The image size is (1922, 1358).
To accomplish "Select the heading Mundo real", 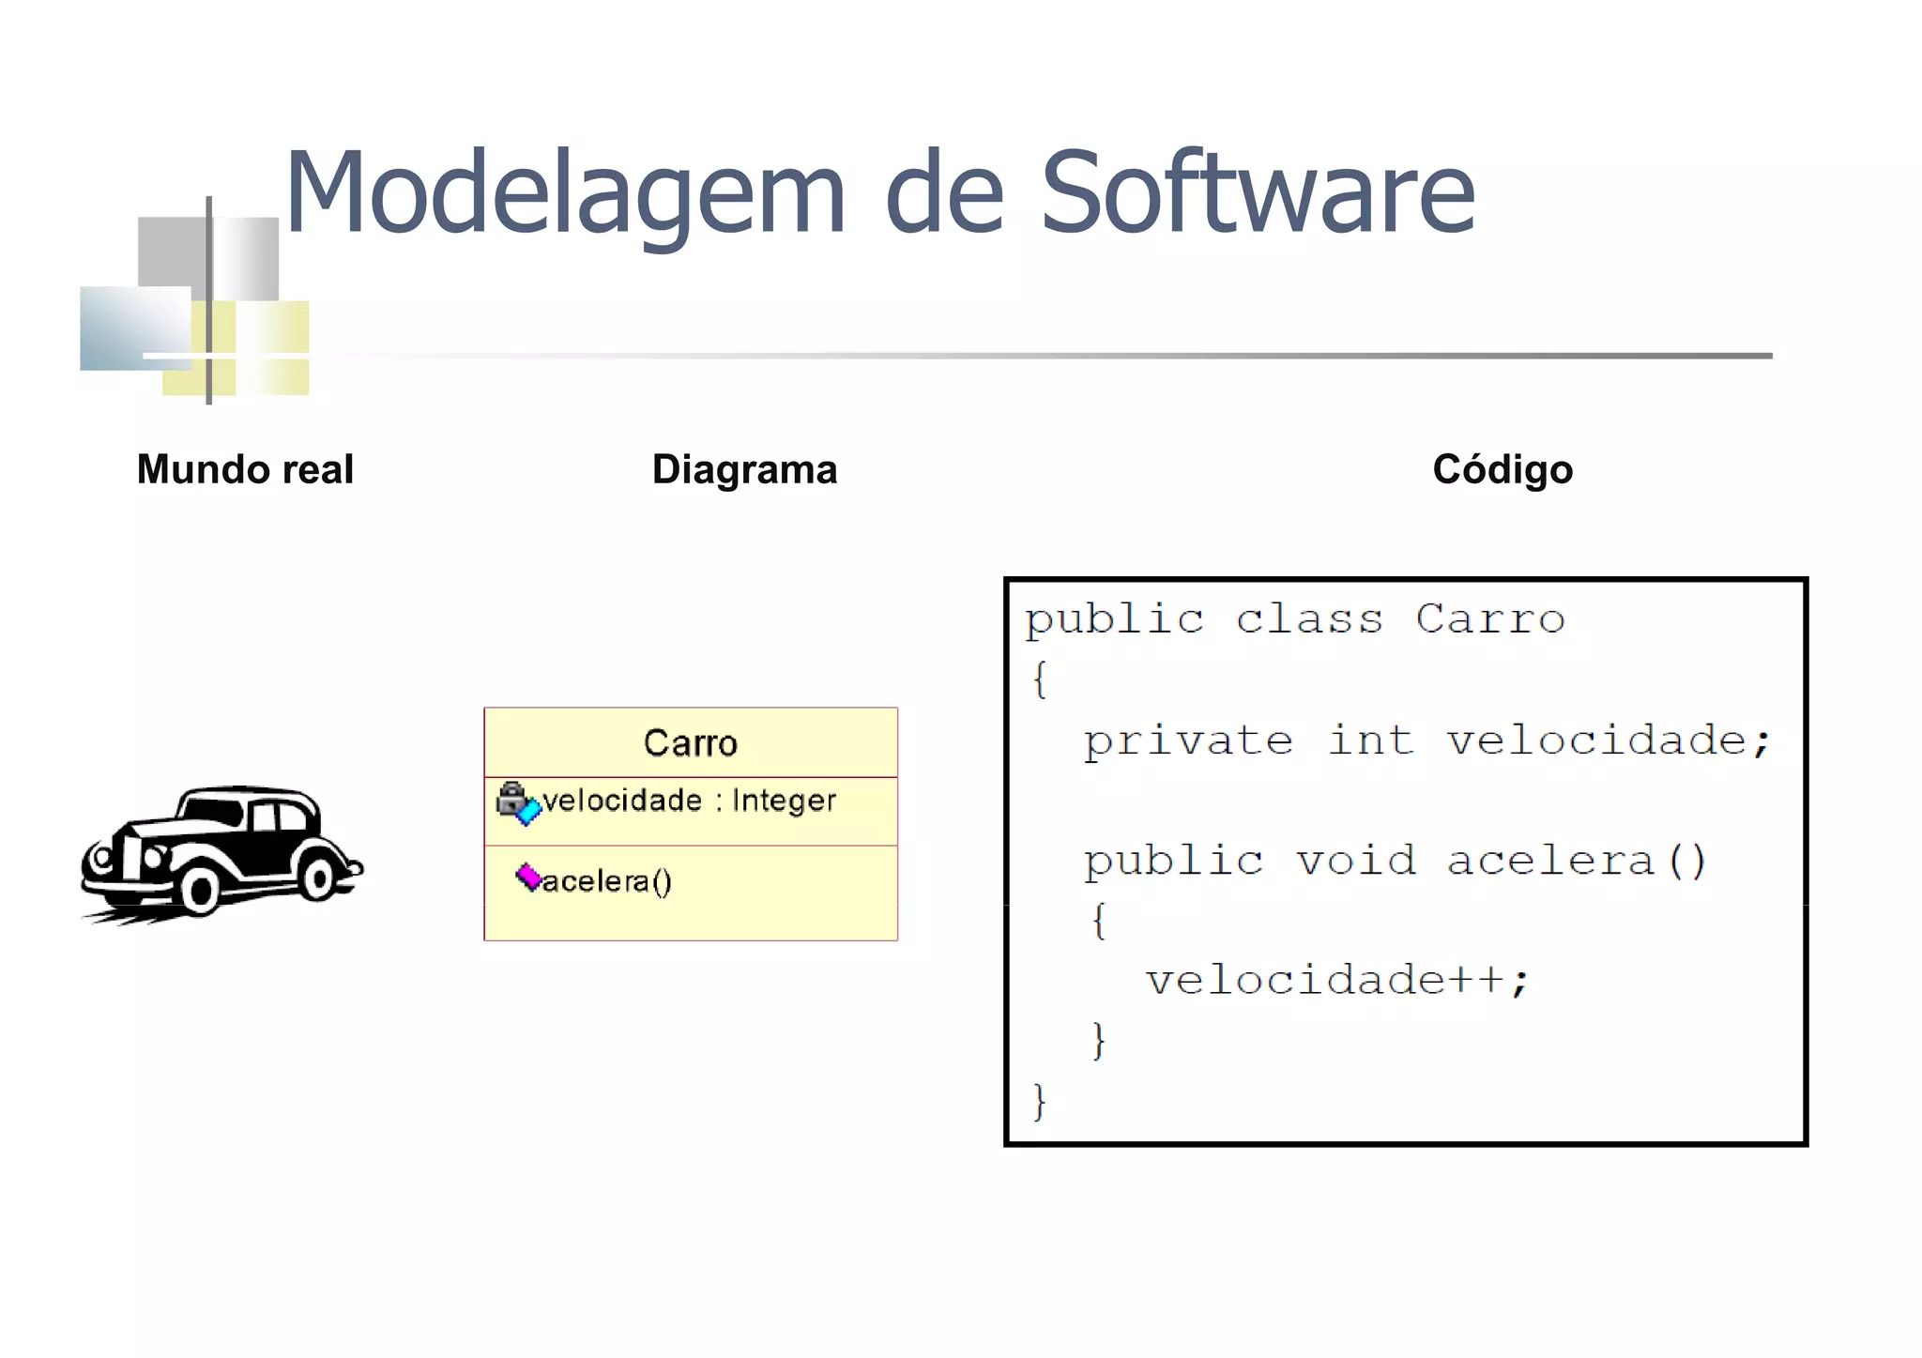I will coord(245,469).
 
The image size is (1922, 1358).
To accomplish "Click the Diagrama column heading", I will coord(744,469).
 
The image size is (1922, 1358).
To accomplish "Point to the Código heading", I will coord(1502,469).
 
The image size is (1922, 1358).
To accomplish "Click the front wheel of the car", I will coord(199,890).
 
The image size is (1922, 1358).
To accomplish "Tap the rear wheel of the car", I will coord(317,878).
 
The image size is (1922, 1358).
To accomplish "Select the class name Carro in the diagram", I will coord(690,743).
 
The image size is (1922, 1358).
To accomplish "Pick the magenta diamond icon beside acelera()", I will coord(528,877).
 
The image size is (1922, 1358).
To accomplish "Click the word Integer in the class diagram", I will coord(784,801).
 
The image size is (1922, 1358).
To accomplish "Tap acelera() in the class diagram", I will coord(607,881).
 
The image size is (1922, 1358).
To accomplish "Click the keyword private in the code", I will coord(1188,741).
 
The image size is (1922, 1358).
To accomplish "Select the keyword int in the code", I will coord(1370,740).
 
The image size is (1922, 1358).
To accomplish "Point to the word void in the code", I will coord(1355,861).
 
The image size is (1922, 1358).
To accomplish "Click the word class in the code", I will coord(1309,619).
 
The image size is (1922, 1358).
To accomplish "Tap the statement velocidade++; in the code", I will coord(1337,981).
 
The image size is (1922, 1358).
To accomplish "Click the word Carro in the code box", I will coord(1490,619).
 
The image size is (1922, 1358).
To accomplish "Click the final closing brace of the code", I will coord(1039,1101).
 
